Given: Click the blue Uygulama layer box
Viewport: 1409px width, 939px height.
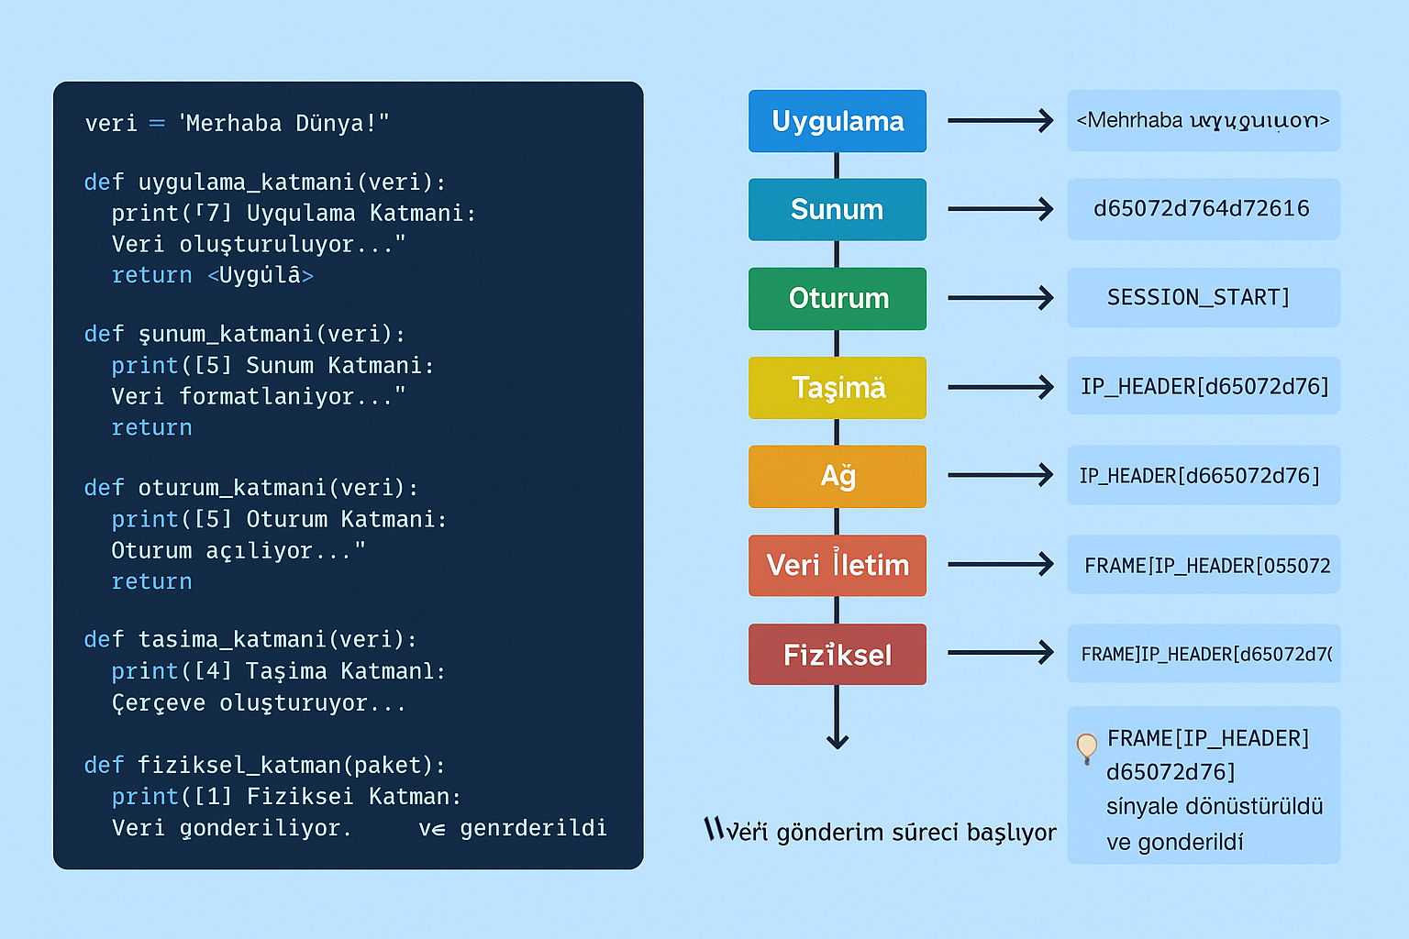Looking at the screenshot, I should click(837, 121).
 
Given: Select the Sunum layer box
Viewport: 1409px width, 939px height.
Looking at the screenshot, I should click(837, 209).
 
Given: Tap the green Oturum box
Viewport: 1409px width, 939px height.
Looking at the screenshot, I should click(837, 298).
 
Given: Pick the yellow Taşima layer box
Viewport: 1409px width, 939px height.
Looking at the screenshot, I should click(837, 387).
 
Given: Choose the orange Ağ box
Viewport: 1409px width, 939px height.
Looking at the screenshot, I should click(837, 476).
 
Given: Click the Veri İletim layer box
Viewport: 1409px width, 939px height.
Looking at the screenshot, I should click(837, 565).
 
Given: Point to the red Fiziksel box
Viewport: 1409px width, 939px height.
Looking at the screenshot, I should click(837, 654).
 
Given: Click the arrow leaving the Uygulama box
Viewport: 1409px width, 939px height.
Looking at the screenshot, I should click(1000, 120).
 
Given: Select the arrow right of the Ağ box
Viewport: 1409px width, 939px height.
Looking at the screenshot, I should click(1000, 475).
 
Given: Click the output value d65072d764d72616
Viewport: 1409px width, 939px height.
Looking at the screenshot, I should click(1202, 209).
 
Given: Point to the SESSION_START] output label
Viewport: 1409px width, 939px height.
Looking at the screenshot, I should click(1198, 297).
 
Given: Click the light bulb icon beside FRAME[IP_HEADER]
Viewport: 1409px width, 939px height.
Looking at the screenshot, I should click(1087, 746).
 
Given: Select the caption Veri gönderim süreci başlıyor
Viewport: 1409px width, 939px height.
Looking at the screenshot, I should click(881, 831).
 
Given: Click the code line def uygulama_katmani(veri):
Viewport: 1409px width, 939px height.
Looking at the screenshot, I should click(264, 182).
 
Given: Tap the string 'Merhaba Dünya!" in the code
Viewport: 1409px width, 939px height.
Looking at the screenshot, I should click(283, 123).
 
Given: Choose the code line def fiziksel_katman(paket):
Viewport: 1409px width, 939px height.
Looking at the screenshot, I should click(264, 765).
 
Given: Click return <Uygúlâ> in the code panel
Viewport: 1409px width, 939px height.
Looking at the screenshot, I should click(212, 275).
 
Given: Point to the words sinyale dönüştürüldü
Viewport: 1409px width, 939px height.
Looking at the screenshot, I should click(1215, 806).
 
